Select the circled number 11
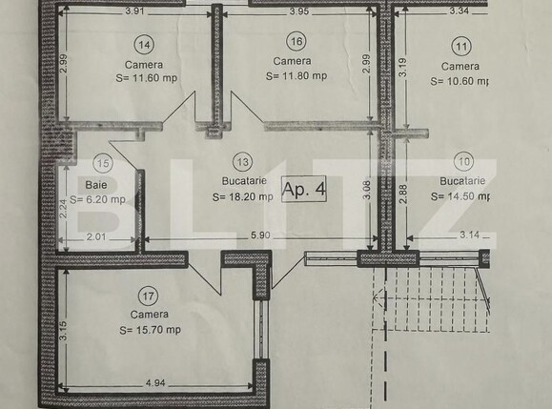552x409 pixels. coord(461,45)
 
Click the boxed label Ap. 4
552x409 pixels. coord(305,188)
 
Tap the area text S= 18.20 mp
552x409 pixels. coord(243,197)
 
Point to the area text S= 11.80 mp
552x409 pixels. coord(296,76)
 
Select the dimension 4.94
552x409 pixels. coord(157,383)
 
